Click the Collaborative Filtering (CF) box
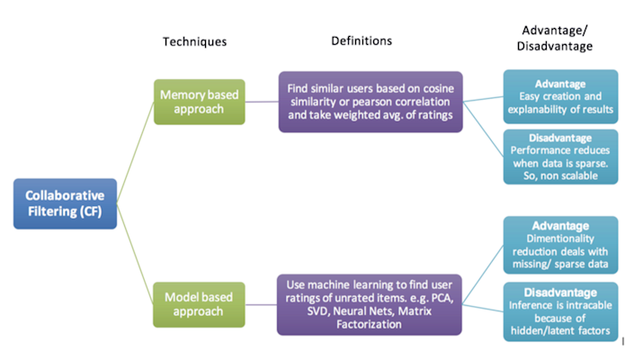65,203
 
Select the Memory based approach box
200,102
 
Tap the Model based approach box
199,304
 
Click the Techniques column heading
194,41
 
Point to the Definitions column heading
362,40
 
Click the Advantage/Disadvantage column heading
554,38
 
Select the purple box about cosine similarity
371,102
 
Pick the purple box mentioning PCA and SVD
370,304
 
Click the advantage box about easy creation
560,96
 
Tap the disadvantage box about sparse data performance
560,157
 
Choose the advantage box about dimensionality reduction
560,245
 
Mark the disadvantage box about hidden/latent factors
560,312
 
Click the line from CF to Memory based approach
136,152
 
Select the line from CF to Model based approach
136,254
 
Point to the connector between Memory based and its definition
262,102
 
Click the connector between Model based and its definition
261,304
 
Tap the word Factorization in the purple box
370,324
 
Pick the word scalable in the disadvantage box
578,176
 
